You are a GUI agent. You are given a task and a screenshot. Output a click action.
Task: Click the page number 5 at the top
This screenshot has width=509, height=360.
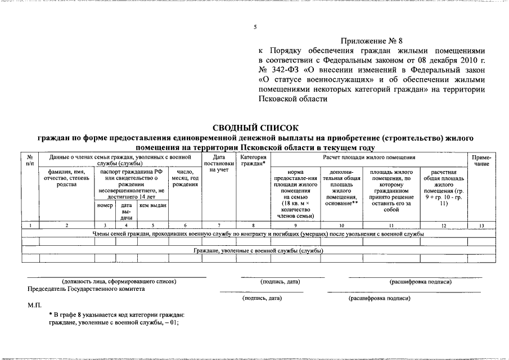click(x=255, y=26)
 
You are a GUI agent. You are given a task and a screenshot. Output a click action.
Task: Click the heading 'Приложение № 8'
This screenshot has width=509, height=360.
click(x=374, y=41)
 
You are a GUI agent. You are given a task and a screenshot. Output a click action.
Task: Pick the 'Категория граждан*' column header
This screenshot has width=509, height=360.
click(x=253, y=160)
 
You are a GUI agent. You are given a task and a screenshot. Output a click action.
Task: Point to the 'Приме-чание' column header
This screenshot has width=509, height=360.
click(x=481, y=160)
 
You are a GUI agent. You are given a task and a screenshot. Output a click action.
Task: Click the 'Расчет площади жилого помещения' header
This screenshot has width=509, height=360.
click(x=369, y=157)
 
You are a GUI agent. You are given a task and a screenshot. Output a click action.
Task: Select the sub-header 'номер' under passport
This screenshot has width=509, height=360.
click(x=105, y=205)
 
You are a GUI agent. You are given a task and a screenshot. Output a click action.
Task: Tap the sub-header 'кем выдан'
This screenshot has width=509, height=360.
click(x=152, y=205)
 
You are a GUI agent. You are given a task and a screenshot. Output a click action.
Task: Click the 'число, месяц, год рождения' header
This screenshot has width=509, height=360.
click(x=185, y=178)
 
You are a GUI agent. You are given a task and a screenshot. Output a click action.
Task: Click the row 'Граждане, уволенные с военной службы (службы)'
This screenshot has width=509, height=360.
click(x=254, y=250)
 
